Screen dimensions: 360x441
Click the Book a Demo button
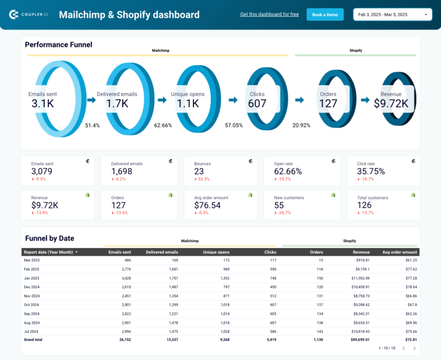325,14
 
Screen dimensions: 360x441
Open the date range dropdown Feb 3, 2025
392,14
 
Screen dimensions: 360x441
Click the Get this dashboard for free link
269,14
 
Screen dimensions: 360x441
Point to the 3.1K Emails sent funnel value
42,103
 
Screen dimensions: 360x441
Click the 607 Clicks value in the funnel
257,103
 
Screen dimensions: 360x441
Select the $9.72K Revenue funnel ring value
391,103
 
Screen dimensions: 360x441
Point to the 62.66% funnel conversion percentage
163,125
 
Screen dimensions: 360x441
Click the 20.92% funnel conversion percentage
301,125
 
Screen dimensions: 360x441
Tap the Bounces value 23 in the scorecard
199,171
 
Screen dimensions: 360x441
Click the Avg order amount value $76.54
208,205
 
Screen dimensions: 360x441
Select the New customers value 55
279,205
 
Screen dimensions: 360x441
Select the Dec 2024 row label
32,287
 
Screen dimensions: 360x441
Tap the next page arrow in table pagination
416,348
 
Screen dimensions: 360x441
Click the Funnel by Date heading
49,238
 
